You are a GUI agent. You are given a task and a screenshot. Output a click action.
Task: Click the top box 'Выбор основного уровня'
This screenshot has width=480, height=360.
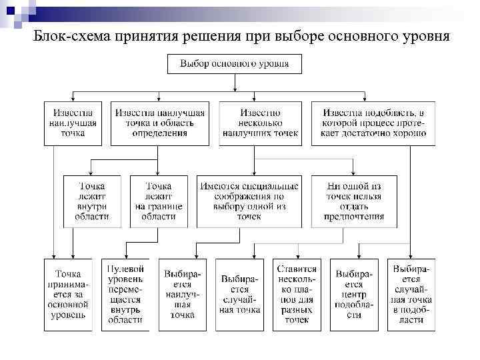(233, 64)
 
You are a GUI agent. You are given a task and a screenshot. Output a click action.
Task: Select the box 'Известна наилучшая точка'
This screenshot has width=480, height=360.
(73, 123)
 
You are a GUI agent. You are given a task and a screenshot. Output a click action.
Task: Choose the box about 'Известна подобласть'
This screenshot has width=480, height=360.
(373, 123)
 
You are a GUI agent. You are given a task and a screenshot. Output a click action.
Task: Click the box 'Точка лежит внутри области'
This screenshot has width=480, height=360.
(92, 201)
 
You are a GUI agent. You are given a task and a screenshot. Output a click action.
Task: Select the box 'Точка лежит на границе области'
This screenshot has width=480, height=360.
(158, 201)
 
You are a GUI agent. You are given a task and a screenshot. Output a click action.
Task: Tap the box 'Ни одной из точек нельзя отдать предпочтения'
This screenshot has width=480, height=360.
(354, 201)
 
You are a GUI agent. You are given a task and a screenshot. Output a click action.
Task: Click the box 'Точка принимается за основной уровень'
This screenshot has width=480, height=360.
(69, 294)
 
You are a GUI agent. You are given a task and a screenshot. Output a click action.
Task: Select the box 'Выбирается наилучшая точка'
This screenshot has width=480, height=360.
(182, 294)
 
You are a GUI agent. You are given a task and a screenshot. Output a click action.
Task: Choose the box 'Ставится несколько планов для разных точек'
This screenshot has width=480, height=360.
(297, 294)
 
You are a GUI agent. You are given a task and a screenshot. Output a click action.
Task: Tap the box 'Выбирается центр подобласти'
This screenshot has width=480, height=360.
(354, 294)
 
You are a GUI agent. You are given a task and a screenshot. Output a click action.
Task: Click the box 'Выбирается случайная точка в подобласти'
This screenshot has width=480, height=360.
(411, 294)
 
